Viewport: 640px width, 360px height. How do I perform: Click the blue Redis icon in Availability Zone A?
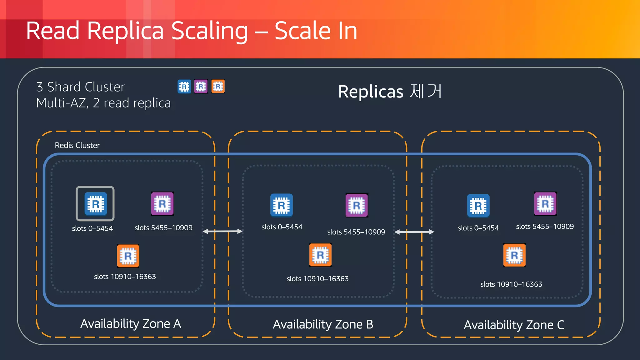95,203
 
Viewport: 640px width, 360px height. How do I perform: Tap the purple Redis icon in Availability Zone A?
162,204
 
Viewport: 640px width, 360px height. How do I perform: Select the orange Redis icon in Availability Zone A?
128,256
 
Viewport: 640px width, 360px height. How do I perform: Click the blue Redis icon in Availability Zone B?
282,205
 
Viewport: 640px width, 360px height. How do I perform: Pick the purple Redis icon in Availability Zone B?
357,205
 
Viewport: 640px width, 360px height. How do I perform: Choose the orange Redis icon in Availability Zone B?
320,255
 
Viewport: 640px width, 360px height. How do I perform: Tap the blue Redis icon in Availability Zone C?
478,206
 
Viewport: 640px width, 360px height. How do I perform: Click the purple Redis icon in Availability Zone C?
545,204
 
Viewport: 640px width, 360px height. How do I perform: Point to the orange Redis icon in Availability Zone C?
514,255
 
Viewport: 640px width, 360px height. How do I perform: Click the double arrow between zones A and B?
222,232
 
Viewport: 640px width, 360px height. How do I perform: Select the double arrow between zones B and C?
414,232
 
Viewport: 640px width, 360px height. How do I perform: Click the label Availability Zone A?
131,324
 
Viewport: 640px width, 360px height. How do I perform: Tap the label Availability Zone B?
323,324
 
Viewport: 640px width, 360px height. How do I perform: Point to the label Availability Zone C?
514,325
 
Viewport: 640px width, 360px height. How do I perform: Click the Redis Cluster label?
77,145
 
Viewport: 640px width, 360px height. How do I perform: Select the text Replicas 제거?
390,92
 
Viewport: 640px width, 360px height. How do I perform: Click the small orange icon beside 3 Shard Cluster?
218,87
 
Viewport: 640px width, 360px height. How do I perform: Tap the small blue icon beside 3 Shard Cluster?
184,87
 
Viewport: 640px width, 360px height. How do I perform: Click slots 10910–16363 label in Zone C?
511,284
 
